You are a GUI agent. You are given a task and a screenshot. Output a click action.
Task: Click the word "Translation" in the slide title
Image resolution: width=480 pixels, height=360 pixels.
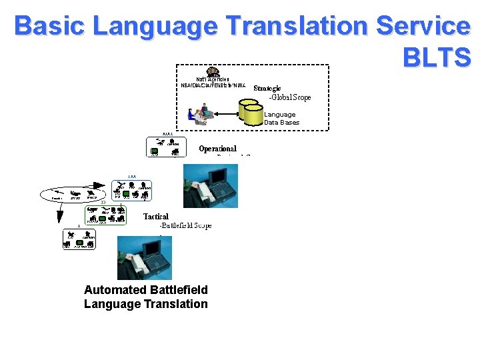tap(296, 27)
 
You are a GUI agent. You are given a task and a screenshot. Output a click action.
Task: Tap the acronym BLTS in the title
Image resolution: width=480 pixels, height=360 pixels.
tap(437, 58)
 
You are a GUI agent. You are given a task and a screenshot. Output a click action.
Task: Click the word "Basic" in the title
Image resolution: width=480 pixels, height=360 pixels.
tap(51, 27)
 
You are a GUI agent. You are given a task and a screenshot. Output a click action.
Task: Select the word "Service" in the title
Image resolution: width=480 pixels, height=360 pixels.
tap(423, 27)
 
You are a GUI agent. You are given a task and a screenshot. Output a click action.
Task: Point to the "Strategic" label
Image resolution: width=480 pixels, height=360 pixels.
tap(267, 88)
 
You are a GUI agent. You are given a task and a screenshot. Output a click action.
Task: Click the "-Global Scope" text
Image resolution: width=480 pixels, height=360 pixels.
tap(289, 98)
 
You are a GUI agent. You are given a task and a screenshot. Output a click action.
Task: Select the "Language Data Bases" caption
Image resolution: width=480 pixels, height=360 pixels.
tap(281, 119)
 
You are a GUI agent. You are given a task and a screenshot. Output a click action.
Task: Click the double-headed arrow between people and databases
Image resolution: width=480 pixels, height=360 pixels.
tap(227, 114)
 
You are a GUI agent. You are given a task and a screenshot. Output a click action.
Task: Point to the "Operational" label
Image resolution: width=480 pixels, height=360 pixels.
tap(217, 149)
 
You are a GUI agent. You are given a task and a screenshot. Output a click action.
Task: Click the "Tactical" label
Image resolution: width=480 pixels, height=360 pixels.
tap(156, 217)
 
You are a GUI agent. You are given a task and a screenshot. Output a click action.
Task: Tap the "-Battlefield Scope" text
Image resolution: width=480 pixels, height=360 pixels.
tap(185, 226)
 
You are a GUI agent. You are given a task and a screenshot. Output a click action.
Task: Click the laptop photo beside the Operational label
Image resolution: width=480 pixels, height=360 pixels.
tap(210, 186)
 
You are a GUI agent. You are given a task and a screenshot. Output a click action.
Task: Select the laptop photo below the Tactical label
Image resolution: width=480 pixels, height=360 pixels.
tap(145, 257)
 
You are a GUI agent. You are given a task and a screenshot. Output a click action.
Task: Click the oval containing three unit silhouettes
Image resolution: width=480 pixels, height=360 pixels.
tap(73, 195)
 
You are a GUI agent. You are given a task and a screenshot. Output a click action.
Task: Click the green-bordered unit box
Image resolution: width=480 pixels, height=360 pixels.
tap(105, 215)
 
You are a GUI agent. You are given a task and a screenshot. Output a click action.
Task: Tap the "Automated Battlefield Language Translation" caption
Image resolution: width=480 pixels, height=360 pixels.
tap(145, 297)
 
